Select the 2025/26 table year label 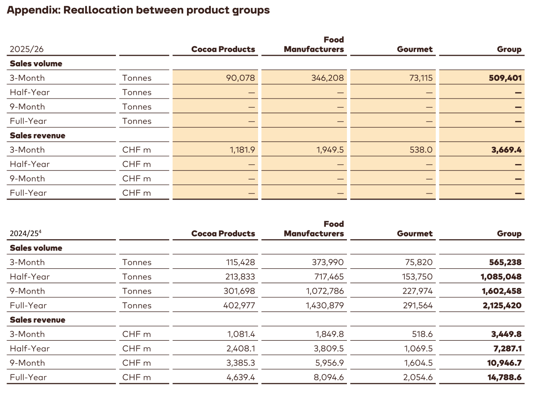click(x=27, y=50)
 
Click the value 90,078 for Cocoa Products click(x=240, y=78)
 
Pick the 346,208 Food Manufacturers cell click(x=327, y=78)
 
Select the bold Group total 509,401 click(x=503, y=78)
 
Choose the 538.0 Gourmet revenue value click(x=421, y=150)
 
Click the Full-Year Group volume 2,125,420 click(x=500, y=306)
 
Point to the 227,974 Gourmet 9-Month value click(x=416, y=291)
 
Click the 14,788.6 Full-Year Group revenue click(x=503, y=378)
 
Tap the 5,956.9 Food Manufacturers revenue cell click(x=329, y=363)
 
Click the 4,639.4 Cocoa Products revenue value click(x=240, y=378)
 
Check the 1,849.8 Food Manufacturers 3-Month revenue click(x=329, y=334)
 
